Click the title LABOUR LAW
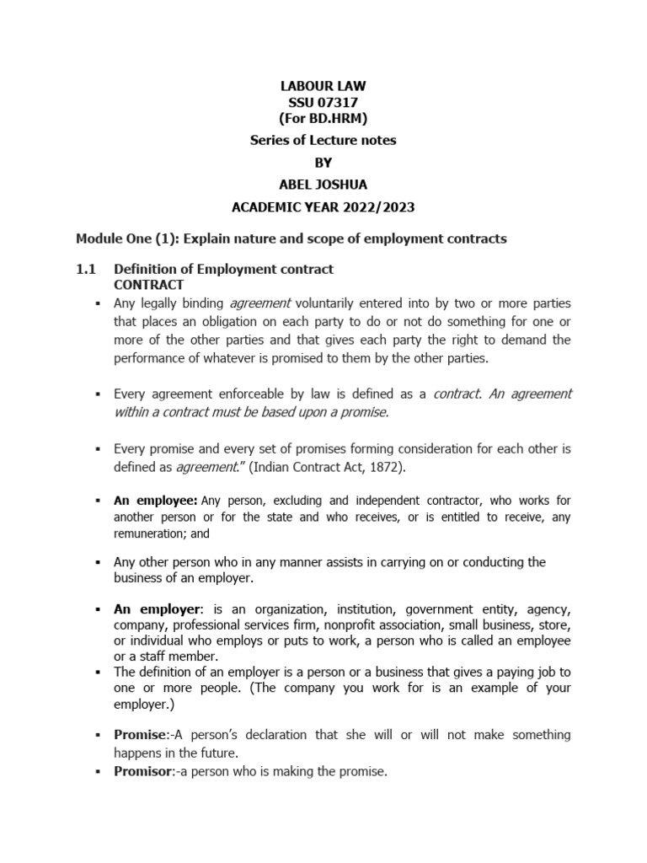[x=323, y=86]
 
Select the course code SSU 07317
[x=323, y=102]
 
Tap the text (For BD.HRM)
[x=323, y=118]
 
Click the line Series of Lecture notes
[x=323, y=141]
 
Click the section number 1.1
[x=87, y=269]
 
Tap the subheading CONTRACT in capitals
[x=148, y=285]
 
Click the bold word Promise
[x=138, y=735]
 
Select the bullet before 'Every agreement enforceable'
[x=99, y=394]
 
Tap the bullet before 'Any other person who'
[x=99, y=562]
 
